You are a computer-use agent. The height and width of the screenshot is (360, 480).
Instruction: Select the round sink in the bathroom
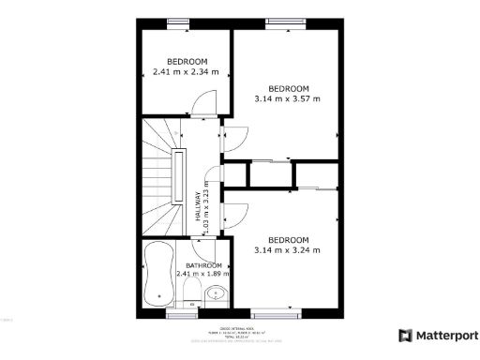[217, 292]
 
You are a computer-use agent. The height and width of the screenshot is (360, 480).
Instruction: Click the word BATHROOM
[202, 265]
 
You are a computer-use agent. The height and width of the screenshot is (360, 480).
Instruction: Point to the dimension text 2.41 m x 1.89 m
[202, 275]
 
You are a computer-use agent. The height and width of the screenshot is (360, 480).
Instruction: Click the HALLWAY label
[198, 206]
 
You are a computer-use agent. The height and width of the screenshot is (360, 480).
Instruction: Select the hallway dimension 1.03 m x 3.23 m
[208, 205]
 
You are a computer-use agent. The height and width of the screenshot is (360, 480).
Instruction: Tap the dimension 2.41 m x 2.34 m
[185, 71]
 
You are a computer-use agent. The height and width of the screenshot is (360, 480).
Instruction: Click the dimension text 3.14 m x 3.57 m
[287, 97]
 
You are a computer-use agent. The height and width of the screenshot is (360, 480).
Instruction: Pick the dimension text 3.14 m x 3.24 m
[287, 249]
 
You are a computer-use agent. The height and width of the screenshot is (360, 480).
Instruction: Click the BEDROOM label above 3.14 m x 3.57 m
[287, 88]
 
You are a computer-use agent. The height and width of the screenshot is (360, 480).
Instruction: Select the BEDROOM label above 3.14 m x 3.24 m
[287, 239]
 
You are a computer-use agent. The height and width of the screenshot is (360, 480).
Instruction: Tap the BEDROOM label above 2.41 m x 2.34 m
[187, 61]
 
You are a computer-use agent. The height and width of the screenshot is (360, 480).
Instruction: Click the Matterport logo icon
[405, 336]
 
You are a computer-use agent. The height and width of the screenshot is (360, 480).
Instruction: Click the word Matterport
[446, 336]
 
